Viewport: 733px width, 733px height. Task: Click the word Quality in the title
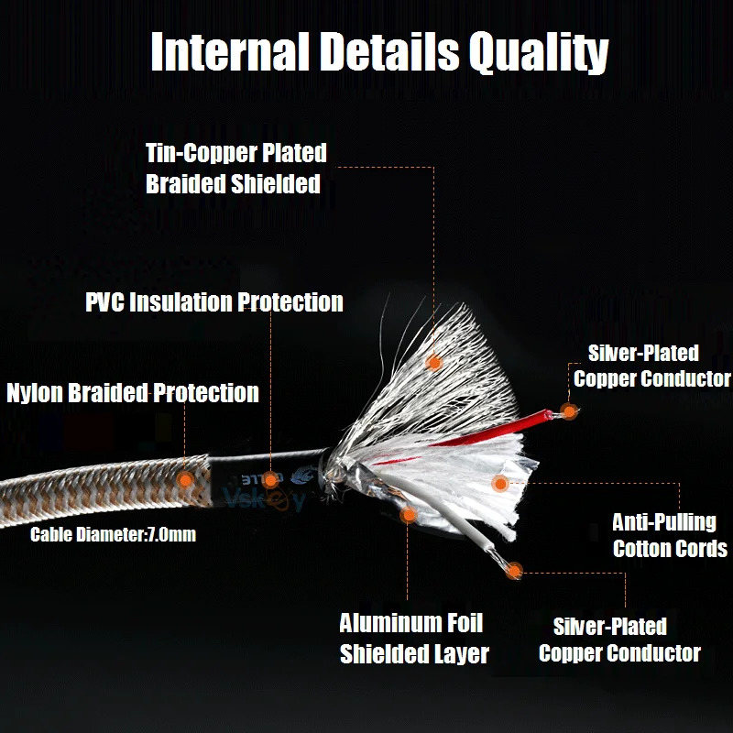click(538, 52)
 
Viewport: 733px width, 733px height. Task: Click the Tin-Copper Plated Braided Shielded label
click(235, 168)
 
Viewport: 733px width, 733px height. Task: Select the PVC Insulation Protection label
click(214, 302)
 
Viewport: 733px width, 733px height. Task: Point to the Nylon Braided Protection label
click(133, 393)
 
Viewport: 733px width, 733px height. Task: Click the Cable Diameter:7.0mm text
click(113, 534)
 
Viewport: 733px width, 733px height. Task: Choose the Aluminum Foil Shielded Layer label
click(413, 639)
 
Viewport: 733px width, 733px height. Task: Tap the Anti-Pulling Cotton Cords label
click(670, 536)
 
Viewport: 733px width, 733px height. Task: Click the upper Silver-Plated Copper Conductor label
click(651, 366)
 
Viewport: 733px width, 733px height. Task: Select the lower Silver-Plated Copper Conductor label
click(619, 640)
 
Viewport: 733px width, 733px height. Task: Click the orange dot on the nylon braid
click(185, 478)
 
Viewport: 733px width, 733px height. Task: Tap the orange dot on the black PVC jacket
click(271, 478)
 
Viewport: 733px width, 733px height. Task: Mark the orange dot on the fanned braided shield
click(434, 362)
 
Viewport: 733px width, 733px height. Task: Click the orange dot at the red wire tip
click(569, 411)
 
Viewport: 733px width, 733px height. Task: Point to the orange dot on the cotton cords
click(499, 483)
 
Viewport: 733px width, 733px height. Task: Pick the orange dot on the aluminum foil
click(410, 515)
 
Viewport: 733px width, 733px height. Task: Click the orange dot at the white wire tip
click(515, 571)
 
